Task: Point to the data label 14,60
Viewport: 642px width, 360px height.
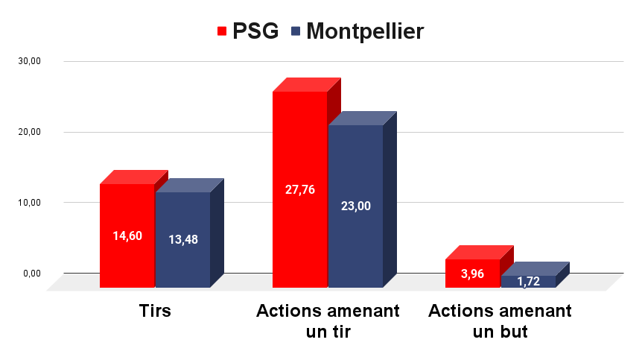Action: (x=127, y=236)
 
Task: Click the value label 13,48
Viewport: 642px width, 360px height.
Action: (x=183, y=239)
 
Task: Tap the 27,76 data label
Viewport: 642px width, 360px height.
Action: (x=300, y=189)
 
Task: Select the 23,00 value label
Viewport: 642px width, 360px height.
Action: (x=355, y=206)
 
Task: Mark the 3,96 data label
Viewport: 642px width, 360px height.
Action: (x=473, y=274)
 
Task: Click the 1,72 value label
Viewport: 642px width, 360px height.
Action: (x=528, y=282)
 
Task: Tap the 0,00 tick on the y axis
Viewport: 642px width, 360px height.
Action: (x=32, y=273)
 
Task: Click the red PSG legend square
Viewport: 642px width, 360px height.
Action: (x=222, y=31)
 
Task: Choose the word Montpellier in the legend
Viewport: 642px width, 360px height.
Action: (x=365, y=31)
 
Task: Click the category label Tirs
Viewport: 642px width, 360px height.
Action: (x=155, y=311)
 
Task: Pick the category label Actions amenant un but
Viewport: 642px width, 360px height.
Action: (x=500, y=321)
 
